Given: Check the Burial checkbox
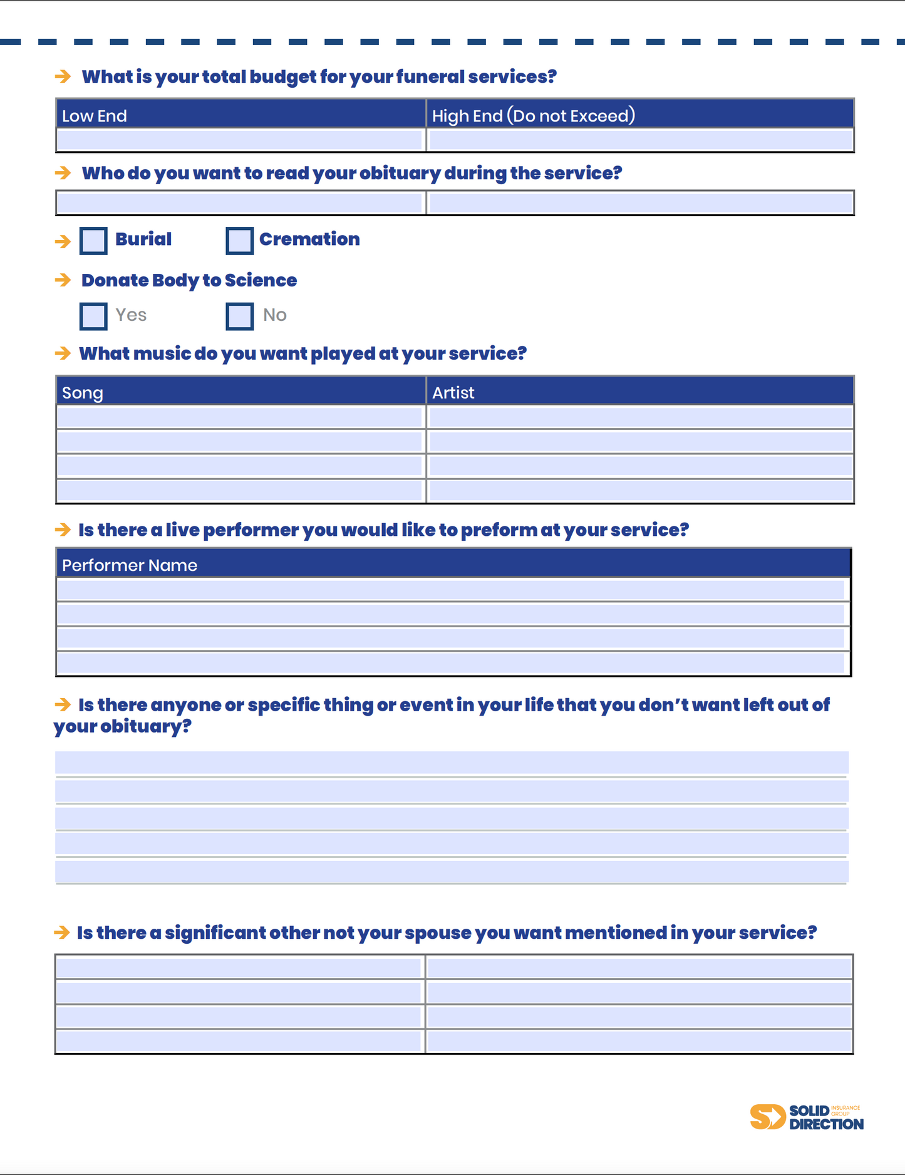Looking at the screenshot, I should coord(93,241).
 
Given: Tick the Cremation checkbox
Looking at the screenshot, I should coord(239,241).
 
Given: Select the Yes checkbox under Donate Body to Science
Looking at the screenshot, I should coord(93,316).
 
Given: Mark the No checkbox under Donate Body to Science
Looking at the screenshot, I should coord(239,316).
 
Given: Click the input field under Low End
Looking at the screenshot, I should coord(240,140).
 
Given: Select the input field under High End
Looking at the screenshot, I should coord(640,140).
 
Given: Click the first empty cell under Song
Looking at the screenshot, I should coord(240,417).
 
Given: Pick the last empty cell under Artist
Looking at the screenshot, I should coord(640,491).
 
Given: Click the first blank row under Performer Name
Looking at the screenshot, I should coord(451,590).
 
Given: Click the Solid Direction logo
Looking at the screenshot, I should coord(807,1117).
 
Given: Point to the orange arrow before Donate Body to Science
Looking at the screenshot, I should coord(63,280).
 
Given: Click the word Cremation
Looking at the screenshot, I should coord(309,239).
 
